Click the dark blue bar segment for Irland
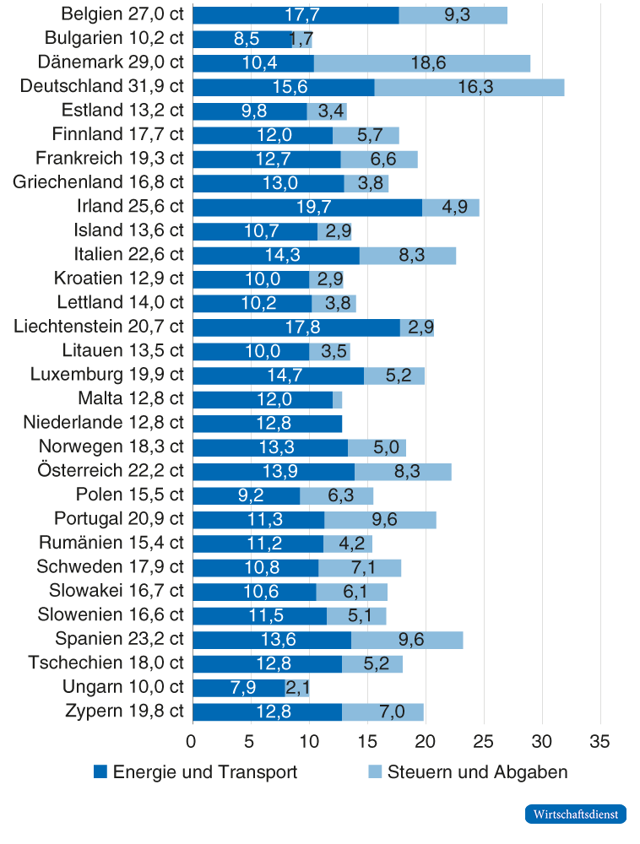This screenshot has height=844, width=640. click(x=307, y=208)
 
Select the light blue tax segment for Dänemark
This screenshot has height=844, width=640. click(x=422, y=63)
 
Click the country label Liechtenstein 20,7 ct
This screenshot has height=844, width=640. click(x=99, y=326)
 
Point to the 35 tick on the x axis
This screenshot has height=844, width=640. click(x=599, y=741)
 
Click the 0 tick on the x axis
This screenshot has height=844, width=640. click(x=193, y=741)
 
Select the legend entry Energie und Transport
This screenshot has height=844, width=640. click(x=195, y=772)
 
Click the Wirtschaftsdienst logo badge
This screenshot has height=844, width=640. click(x=575, y=814)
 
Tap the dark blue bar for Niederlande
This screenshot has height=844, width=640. click(x=268, y=424)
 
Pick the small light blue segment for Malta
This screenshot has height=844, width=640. click(x=337, y=399)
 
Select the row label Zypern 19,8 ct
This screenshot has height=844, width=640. click(x=124, y=711)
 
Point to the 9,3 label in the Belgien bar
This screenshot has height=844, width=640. click(x=453, y=15)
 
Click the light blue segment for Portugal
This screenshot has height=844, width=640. click(x=380, y=520)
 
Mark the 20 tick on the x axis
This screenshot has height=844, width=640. click(x=425, y=741)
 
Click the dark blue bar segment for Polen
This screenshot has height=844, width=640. click(x=246, y=495)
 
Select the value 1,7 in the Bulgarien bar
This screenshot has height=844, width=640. click(x=301, y=39)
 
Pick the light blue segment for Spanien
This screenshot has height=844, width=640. click(x=407, y=640)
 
